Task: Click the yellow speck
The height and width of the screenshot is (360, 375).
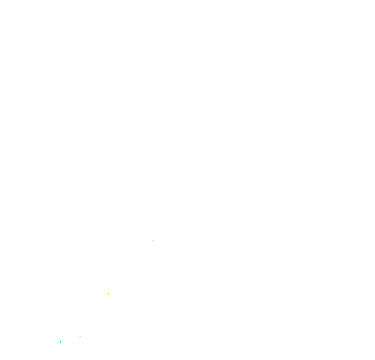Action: click(108, 294)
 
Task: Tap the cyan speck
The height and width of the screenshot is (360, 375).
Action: click(60, 342)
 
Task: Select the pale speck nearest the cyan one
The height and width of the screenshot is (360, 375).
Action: click(80, 337)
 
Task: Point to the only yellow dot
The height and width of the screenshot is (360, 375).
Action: click(108, 294)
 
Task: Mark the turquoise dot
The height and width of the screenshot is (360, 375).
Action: click(60, 342)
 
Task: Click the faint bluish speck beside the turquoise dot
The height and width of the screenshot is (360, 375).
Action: click(80, 337)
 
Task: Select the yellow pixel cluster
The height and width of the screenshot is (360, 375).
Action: click(108, 294)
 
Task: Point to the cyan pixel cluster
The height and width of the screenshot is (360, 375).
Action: click(60, 342)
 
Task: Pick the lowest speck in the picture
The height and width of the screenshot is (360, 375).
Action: click(60, 342)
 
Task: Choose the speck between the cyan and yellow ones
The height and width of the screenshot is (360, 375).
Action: click(80, 337)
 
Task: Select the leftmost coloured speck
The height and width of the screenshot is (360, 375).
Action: click(60, 342)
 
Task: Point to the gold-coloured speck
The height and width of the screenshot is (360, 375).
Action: click(108, 294)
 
